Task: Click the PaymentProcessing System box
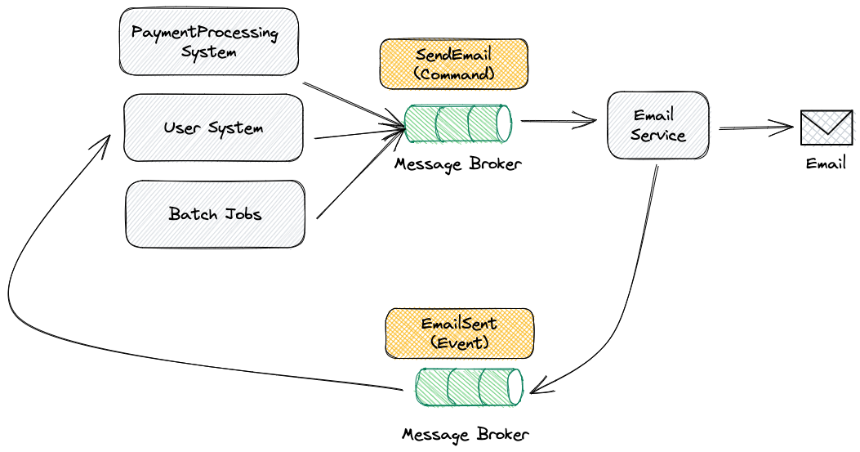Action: point(208,42)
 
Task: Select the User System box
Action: point(213,128)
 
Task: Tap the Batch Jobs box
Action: point(216,214)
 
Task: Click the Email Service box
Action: point(657,125)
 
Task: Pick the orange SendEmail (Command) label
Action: point(453,64)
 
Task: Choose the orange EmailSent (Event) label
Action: point(459,333)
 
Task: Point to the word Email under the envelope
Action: point(826,163)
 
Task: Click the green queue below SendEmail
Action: point(458,123)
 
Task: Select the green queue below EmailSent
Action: point(469,387)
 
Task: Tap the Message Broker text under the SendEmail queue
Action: point(457,164)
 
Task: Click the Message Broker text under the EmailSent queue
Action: point(465,433)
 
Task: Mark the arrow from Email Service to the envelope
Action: point(755,128)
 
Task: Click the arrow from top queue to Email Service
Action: point(559,123)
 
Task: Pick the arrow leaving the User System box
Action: point(359,133)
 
